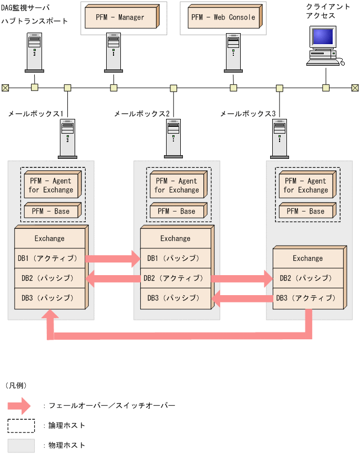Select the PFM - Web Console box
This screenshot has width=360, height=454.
[223, 17]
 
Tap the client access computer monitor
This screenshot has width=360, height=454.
[322, 37]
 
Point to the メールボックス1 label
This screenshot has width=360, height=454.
[36, 114]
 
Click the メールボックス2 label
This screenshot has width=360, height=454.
[142, 114]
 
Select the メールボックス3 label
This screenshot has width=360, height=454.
[248, 114]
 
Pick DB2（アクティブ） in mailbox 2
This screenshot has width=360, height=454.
[175, 278]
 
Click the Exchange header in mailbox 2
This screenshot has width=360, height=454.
[175, 238]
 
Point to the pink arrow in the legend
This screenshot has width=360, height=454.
[21, 406]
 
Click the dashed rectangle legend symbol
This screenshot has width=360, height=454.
[21, 425]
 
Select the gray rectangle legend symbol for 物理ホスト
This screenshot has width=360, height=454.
[21, 445]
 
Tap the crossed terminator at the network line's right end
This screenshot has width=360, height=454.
[355, 88]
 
